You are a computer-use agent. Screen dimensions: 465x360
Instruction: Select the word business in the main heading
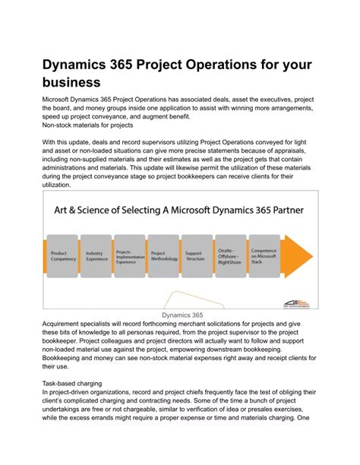pos(71,81)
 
